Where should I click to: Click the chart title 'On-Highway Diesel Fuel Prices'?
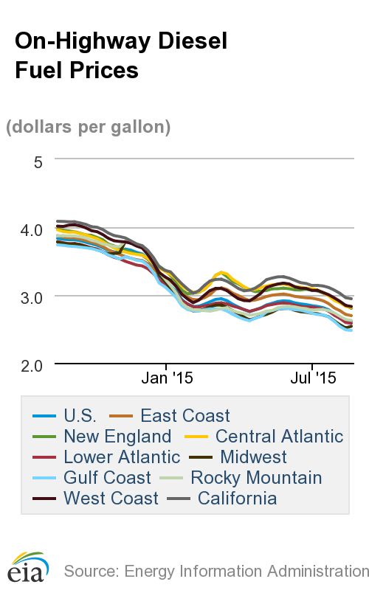[120, 55]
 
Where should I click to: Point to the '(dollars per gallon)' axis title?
[89, 127]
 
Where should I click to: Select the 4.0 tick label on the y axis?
[30, 229]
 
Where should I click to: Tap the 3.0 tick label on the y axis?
[30, 296]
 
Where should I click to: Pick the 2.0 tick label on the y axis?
[30, 365]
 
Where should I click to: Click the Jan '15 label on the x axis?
[167, 379]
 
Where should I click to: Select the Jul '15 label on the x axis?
[311, 379]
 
